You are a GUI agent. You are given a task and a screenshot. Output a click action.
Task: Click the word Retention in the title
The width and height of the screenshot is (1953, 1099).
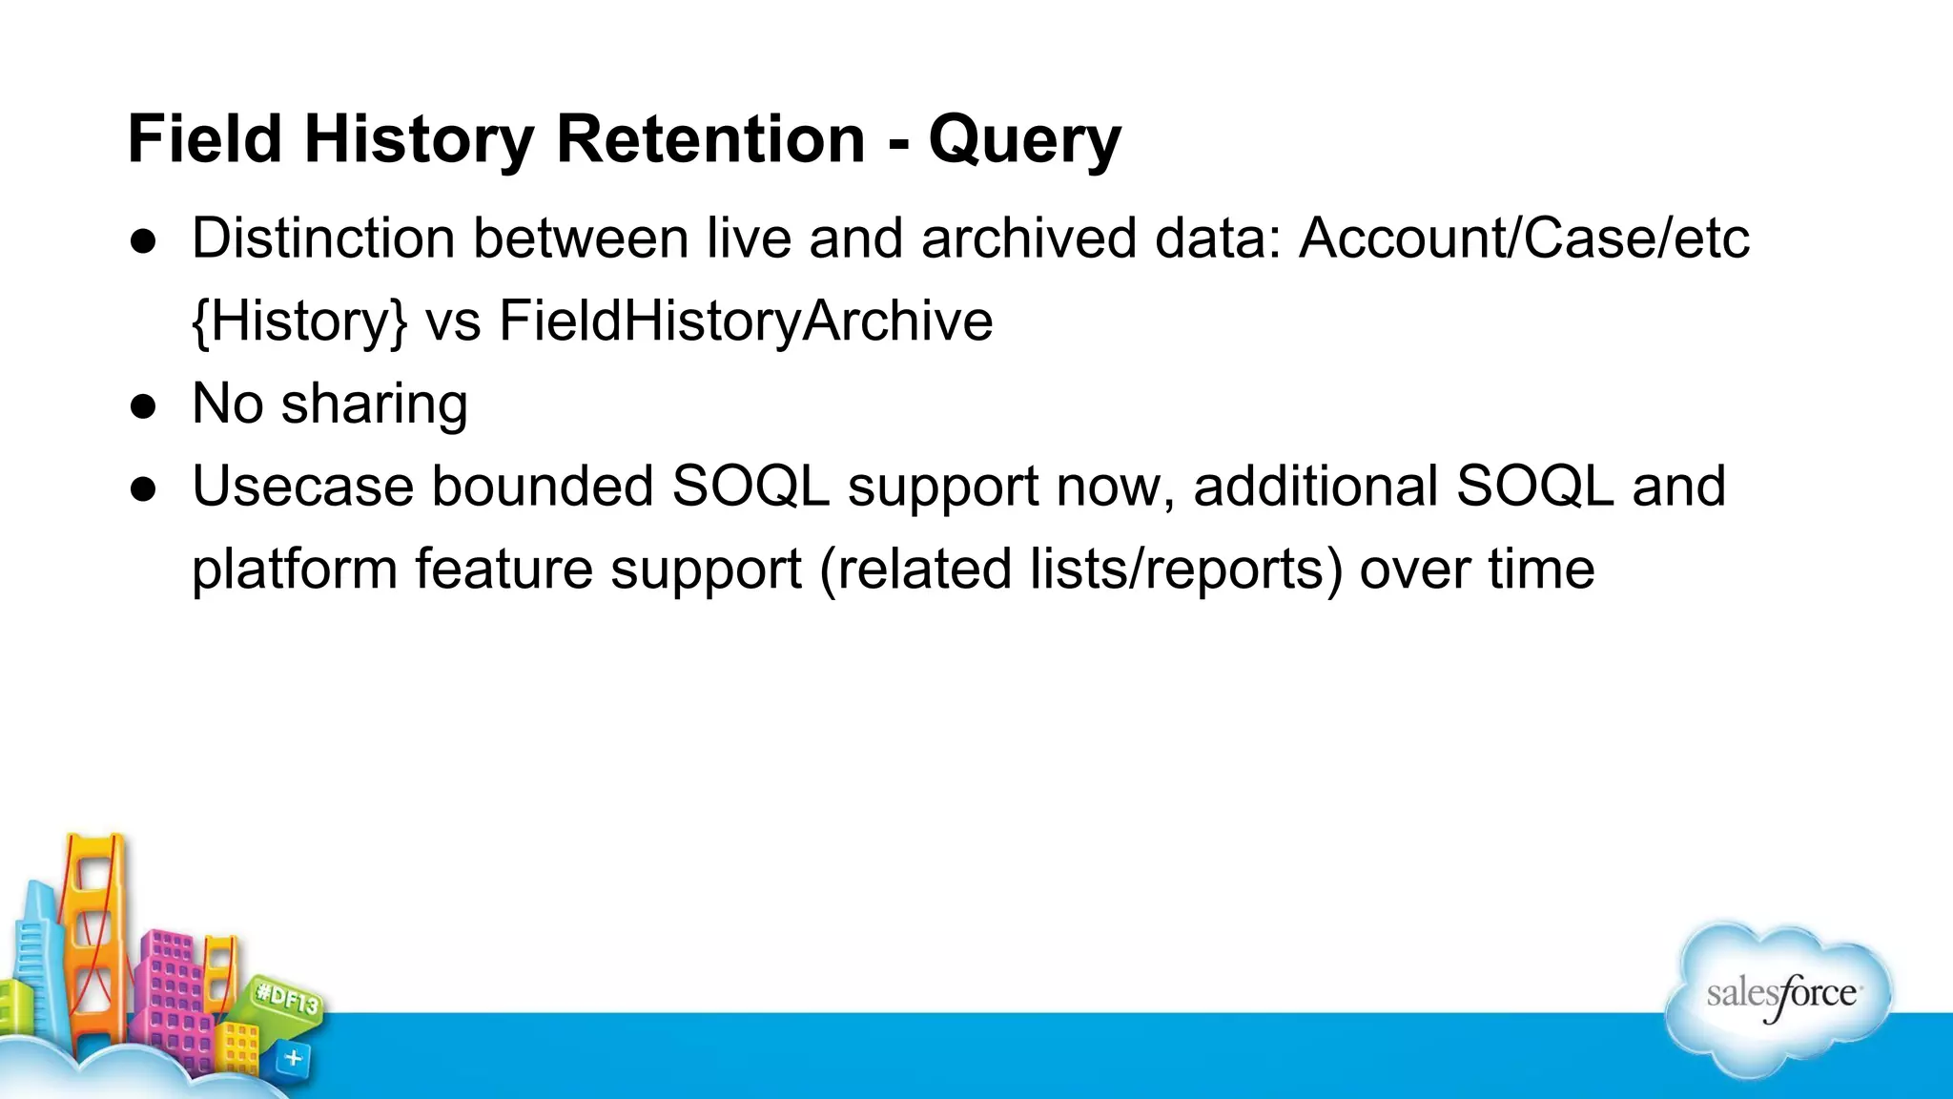tap(709, 139)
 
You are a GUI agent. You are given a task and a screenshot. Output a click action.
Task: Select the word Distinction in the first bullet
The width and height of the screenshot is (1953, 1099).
tap(322, 238)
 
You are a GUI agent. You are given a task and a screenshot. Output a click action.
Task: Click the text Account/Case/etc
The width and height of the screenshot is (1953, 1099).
tap(1524, 238)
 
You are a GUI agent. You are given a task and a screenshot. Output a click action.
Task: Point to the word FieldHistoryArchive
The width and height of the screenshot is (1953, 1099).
tap(745, 321)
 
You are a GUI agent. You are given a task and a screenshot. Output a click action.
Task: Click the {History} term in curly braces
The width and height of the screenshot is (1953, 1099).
tap(299, 321)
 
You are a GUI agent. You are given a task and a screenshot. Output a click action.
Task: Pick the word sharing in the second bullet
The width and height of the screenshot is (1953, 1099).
tap(374, 404)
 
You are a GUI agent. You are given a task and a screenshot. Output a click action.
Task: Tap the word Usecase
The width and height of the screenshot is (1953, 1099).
tap(302, 487)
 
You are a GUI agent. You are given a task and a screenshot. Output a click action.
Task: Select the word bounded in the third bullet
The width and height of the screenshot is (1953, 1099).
tap(542, 487)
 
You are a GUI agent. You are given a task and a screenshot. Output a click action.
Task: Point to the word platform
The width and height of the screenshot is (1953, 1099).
tap(294, 570)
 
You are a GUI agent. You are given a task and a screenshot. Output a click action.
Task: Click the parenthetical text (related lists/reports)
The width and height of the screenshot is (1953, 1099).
tap(1080, 570)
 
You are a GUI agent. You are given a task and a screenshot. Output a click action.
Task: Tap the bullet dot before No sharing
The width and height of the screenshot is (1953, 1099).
tap(144, 406)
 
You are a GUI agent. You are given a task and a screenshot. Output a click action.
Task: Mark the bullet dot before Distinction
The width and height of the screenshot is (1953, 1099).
tap(144, 240)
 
